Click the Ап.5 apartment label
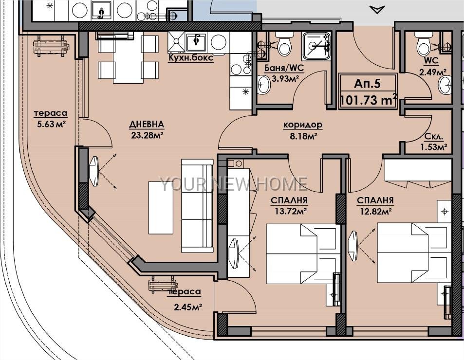click(367, 84)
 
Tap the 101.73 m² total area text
click(368, 100)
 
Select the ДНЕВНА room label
click(147, 125)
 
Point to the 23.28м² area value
click(147, 135)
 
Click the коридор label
click(303, 126)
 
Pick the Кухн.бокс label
click(190, 57)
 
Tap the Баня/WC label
click(284, 68)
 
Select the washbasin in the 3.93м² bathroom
click(263, 85)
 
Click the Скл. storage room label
click(434, 137)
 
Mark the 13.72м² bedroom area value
click(289, 211)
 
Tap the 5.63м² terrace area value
click(51, 124)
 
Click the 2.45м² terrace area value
click(187, 307)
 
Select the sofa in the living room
click(197, 206)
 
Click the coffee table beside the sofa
click(161, 208)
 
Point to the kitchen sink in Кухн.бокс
click(196, 42)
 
